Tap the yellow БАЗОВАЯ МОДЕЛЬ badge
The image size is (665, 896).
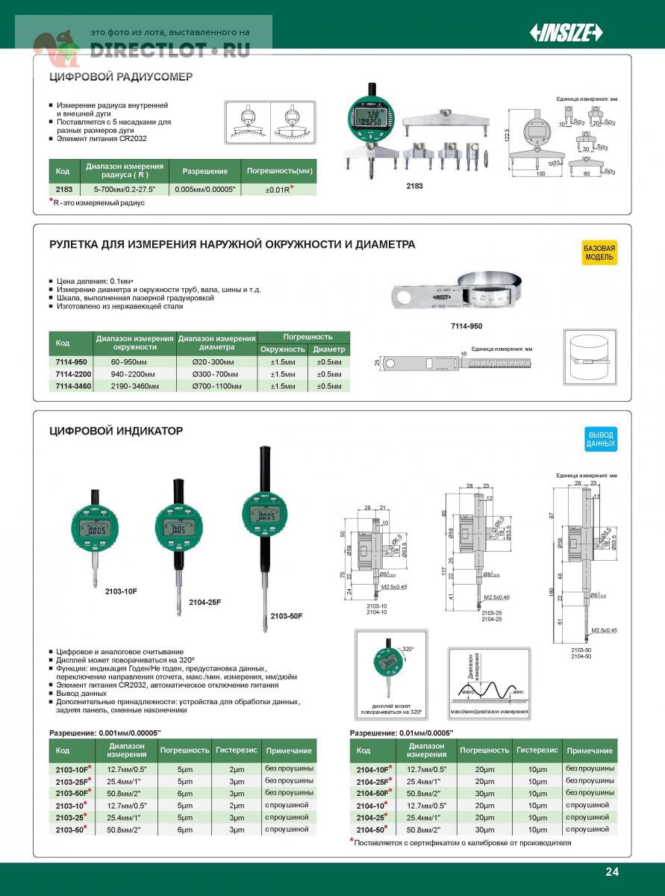click(599, 252)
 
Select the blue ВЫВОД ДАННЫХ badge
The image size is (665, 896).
click(601, 439)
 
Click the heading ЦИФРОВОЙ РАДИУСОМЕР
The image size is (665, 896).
click(121, 76)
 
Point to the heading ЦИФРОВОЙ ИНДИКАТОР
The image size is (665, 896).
click(116, 431)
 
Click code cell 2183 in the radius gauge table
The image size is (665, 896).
click(63, 189)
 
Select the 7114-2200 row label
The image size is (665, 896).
click(72, 373)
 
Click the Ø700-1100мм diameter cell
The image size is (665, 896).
click(216, 386)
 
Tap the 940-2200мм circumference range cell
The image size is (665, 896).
click(135, 373)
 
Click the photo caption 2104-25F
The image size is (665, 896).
click(205, 602)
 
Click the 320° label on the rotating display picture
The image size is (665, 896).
click(408, 649)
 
